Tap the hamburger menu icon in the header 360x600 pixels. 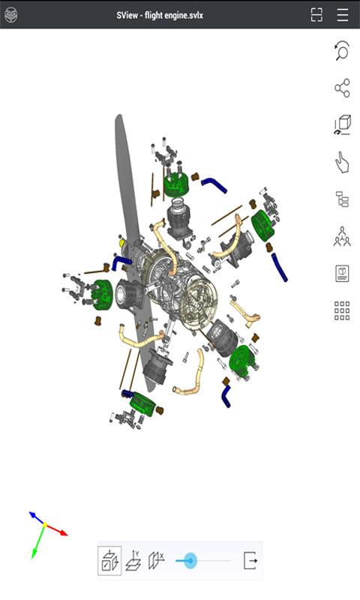(x=343, y=15)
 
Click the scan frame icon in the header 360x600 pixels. (x=316, y=15)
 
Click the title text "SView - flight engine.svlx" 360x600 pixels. (x=160, y=15)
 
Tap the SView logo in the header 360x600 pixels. (x=10, y=15)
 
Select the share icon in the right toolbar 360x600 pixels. (x=342, y=88)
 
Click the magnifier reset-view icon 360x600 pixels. (x=342, y=50)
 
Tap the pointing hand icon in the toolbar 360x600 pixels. (x=342, y=162)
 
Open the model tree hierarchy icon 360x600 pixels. (x=342, y=199)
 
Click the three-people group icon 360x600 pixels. (x=342, y=236)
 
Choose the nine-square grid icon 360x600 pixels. (x=342, y=310)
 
